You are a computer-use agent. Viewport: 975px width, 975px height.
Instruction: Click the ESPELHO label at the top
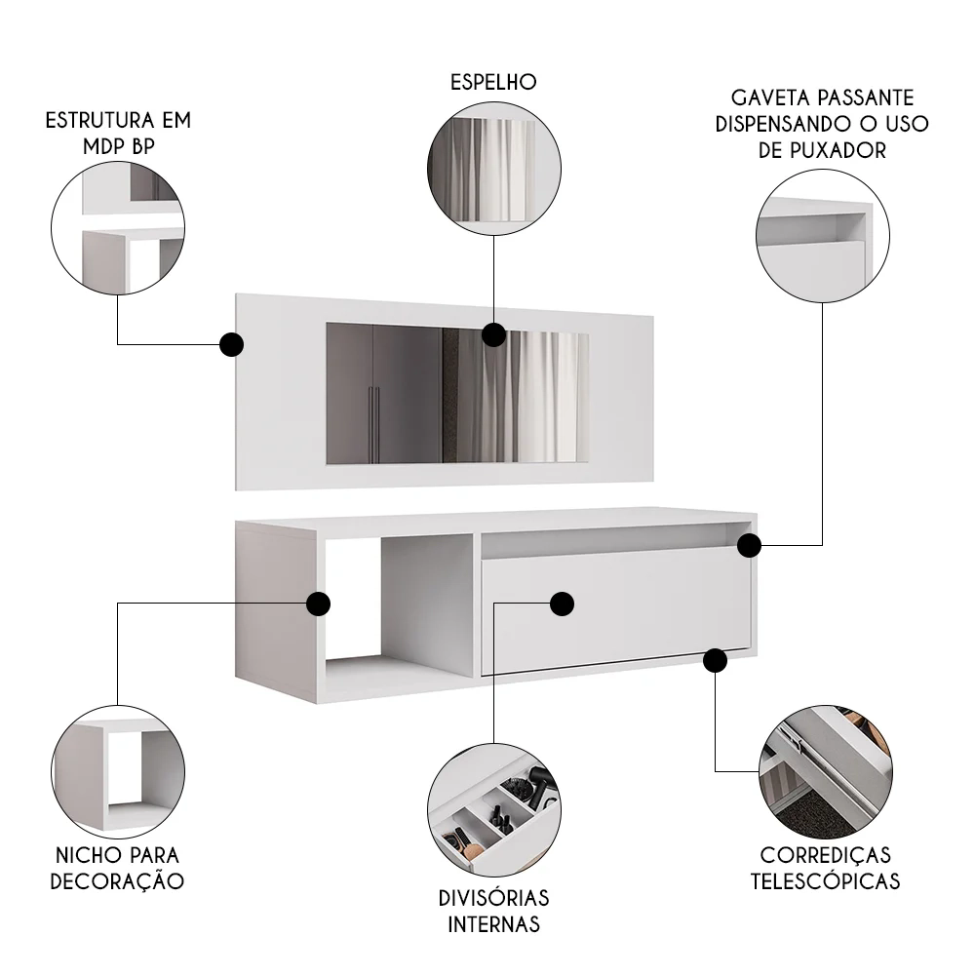click(493, 82)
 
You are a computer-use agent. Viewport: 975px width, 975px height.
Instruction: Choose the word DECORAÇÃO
click(117, 881)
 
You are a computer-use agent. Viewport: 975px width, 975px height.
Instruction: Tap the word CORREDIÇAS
click(825, 855)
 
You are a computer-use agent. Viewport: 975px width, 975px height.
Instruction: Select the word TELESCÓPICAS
click(825, 881)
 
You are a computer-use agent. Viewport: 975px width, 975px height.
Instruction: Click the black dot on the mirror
click(494, 335)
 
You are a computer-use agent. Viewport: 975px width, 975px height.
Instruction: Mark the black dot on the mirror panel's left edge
click(231, 344)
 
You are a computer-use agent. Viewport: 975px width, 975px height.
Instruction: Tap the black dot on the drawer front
click(562, 604)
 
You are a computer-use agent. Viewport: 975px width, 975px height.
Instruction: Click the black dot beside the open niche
click(317, 604)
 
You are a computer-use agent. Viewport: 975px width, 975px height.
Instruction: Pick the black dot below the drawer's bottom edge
click(715, 661)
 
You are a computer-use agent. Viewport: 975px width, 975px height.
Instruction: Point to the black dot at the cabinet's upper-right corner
click(748, 545)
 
